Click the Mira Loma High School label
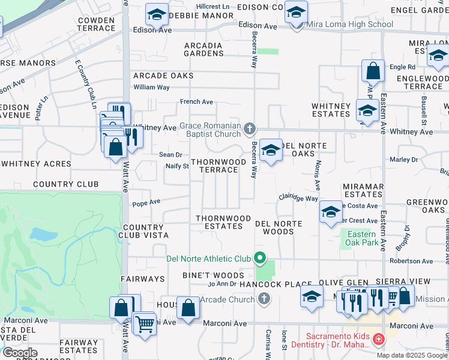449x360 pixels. (x=349, y=25)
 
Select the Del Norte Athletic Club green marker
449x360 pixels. (x=260, y=259)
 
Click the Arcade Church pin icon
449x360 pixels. (x=264, y=299)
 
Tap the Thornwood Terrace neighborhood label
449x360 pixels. (x=218, y=166)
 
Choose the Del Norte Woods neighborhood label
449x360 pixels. (x=278, y=227)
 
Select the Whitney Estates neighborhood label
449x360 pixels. (x=331, y=110)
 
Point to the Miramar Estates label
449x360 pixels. (x=363, y=191)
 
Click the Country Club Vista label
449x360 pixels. (x=143, y=232)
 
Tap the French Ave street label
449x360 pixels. (x=197, y=102)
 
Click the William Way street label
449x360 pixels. (x=151, y=87)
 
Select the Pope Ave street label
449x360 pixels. (x=146, y=203)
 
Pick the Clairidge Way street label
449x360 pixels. (x=298, y=197)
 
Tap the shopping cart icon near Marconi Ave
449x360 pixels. (x=145, y=324)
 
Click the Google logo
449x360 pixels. (x=20, y=352)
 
